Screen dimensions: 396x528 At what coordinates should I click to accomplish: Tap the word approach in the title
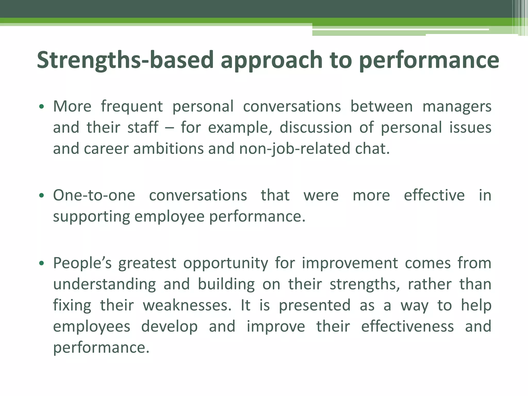[x=272, y=60]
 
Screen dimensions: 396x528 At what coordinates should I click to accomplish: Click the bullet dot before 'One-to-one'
[x=42, y=195]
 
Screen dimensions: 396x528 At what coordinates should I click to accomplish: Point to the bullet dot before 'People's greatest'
[x=42, y=263]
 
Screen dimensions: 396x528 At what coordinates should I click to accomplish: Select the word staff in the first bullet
[x=143, y=127]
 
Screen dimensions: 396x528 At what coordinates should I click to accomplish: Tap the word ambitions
[x=168, y=149]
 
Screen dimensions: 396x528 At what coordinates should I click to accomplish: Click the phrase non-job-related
[x=294, y=149]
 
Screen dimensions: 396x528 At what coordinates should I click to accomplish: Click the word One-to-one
[x=94, y=195]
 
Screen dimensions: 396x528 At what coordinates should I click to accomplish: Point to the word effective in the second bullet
[x=434, y=195]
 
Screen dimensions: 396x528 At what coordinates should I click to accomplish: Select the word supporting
[x=92, y=217]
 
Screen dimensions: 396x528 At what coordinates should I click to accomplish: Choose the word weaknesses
[x=187, y=305]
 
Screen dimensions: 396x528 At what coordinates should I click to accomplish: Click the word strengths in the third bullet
[x=365, y=284]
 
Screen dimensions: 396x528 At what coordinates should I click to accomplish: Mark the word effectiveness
[x=407, y=326]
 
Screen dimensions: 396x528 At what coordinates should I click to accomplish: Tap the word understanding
[x=104, y=284]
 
